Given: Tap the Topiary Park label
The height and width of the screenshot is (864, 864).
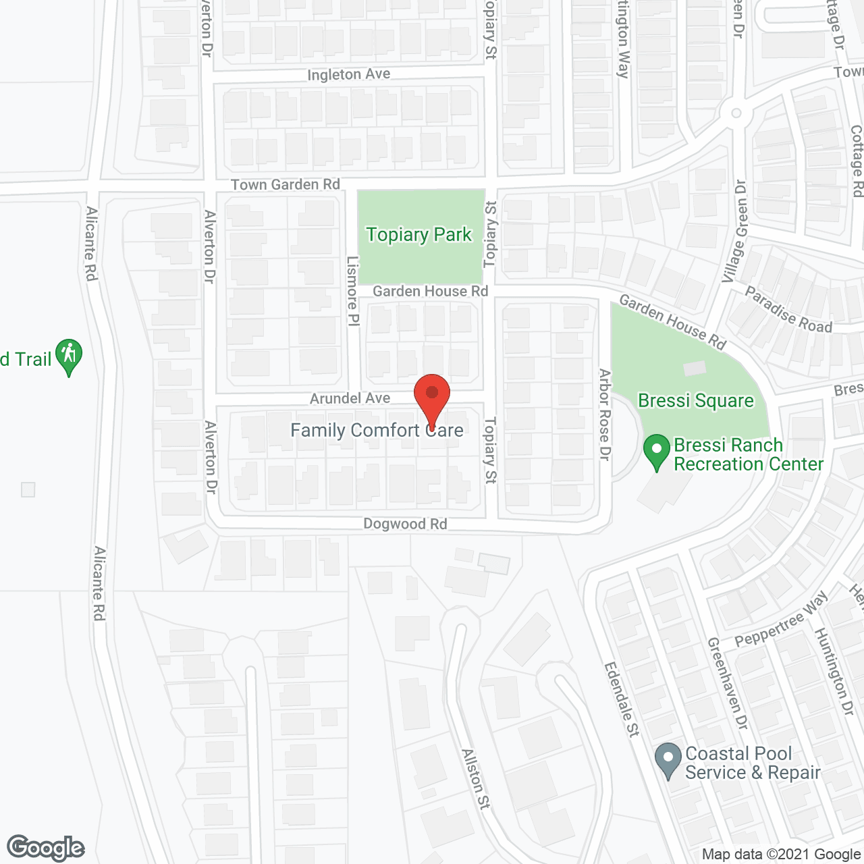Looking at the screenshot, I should point(418,235).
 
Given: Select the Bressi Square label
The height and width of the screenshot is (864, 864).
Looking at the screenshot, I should point(695,401).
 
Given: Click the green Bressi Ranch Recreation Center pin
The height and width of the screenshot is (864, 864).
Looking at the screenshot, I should point(657,453).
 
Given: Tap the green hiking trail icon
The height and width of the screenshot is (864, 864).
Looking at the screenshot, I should point(68,356).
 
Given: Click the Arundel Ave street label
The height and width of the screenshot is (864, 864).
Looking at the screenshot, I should point(350,399).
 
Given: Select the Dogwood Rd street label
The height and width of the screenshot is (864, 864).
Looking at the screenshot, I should point(405,524).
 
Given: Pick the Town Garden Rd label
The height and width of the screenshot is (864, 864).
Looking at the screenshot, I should point(285,185).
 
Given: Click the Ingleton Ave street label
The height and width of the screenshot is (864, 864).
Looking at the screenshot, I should point(348,74).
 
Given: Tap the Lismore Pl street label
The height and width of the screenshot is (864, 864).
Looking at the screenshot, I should point(352,291).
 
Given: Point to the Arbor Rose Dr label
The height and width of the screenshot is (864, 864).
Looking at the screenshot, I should point(605,415).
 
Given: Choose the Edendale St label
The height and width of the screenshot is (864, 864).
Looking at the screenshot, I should point(622,699).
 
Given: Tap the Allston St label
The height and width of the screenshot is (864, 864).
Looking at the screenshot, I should point(476,779).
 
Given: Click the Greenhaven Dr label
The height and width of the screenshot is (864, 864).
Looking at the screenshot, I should point(728,683).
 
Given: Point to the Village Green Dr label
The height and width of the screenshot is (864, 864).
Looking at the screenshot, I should point(734,232).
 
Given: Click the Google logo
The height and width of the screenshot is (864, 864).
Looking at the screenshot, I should point(46,848).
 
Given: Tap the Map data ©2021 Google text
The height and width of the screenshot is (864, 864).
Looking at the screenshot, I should point(781,855).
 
